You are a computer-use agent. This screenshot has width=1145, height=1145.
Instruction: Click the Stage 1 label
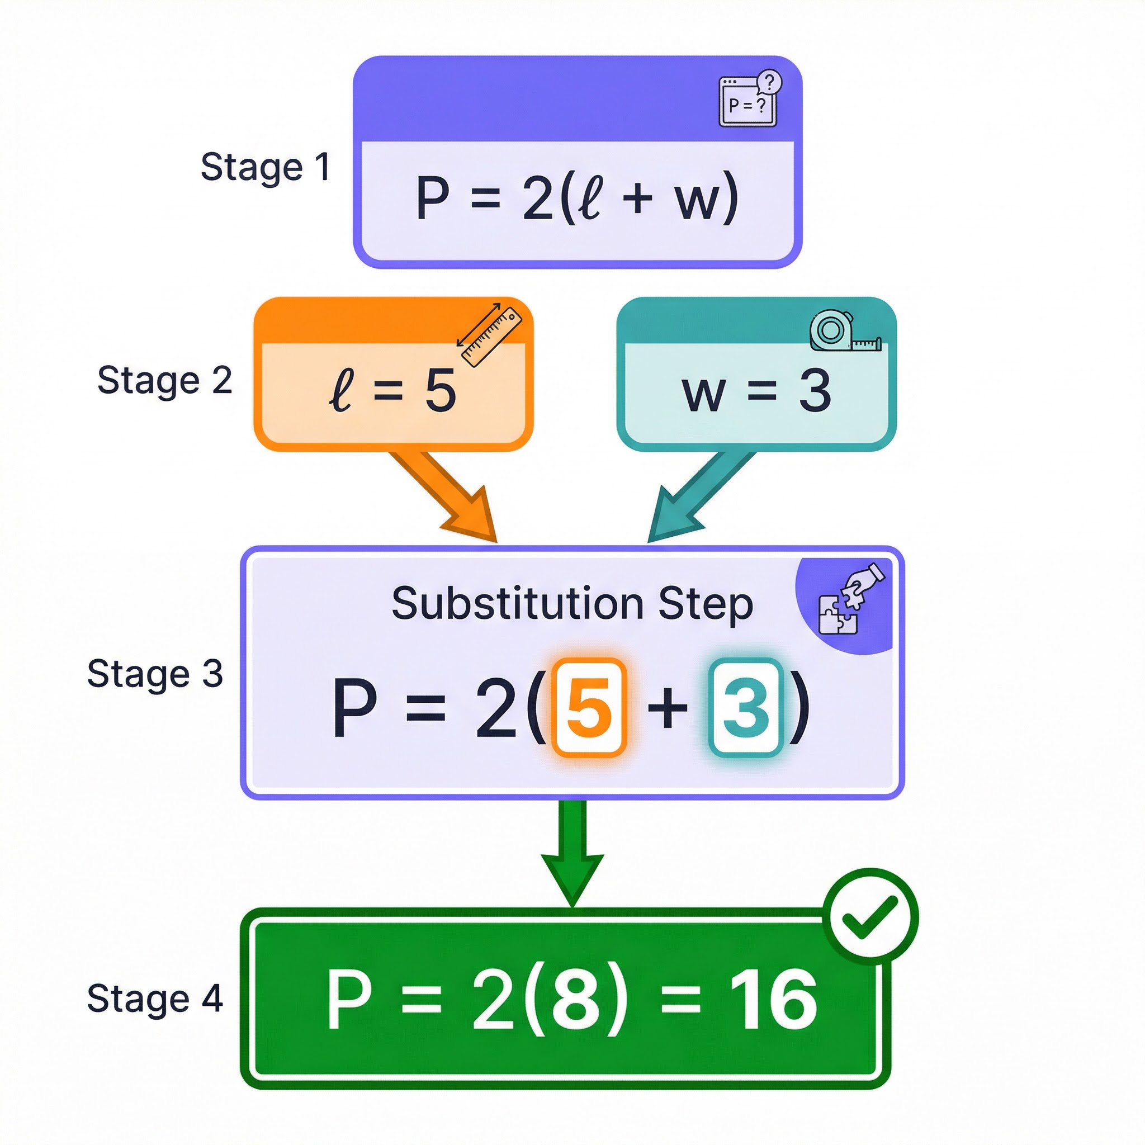(x=265, y=167)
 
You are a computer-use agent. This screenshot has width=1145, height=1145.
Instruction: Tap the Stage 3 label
(x=155, y=674)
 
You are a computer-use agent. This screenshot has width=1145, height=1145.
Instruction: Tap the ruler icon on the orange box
(x=490, y=335)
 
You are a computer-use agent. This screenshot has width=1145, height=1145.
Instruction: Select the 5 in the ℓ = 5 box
(x=441, y=391)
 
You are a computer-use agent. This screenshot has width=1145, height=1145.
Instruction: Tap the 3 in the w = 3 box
(x=815, y=391)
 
